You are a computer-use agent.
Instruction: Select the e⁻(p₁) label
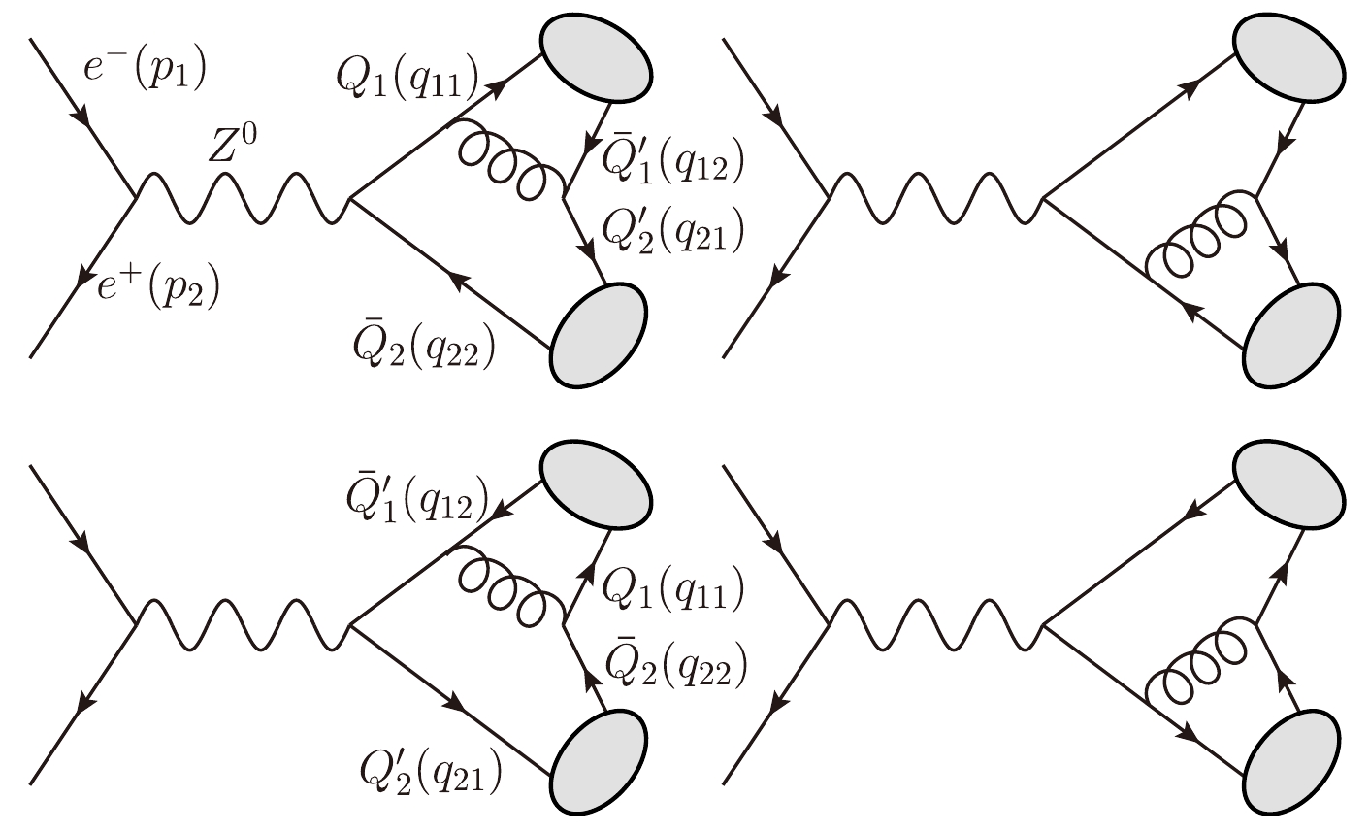point(147,67)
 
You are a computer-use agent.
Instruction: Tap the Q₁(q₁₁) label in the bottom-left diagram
point(672,587)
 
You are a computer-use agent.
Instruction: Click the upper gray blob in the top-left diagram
point(595,55)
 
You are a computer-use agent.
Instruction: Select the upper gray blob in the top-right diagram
point(1288,56)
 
